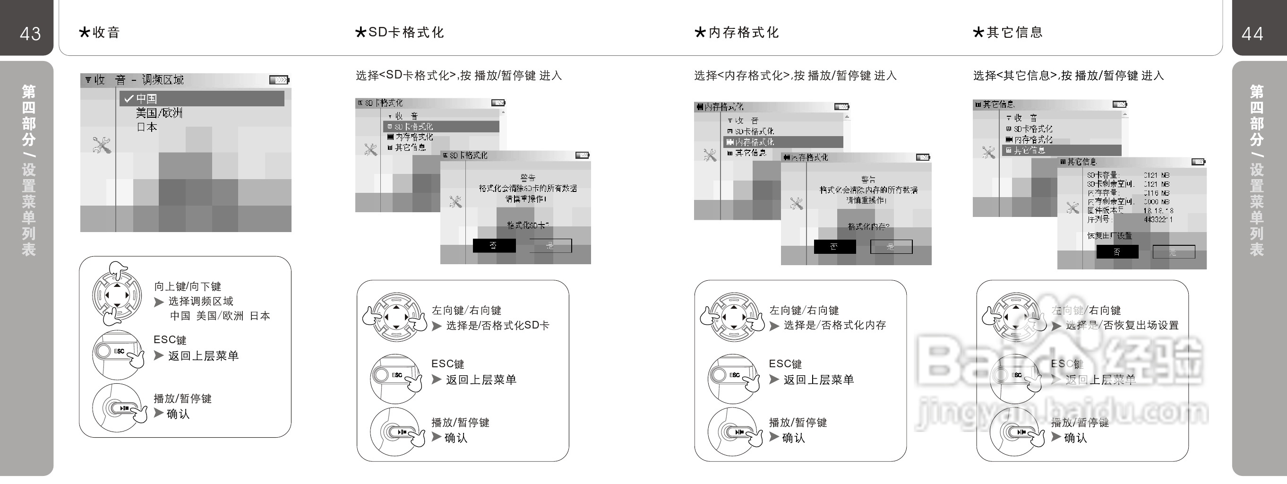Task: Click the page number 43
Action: point(30,34)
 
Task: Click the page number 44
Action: point(1252,34)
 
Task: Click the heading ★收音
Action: point(99,33)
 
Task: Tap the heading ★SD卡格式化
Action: point(399,33)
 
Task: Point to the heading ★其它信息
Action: point(1008,33)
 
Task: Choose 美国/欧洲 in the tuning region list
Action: point(159,113)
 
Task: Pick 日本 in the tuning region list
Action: point(147,127)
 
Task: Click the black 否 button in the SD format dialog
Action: point(494,245)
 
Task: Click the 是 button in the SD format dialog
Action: point(550,245)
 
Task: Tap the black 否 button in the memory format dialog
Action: point(834,247)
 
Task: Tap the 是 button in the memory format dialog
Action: point(891,247)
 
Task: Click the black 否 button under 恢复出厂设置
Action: point(1117,251)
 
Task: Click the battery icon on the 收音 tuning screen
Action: point(279,79)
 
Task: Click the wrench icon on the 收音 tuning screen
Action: point(102,145)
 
